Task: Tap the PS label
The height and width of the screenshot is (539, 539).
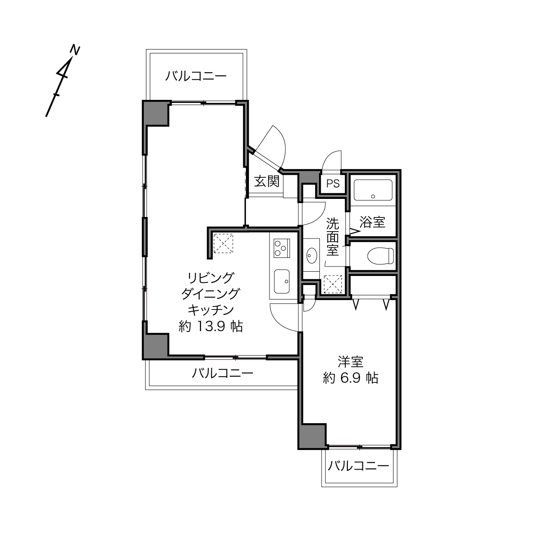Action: pos(333,183)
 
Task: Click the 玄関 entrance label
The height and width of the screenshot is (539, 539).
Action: pos(266,181)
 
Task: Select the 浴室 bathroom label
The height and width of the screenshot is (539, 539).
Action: pos(372,222)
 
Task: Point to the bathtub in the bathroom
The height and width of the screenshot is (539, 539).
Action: pos(373,190)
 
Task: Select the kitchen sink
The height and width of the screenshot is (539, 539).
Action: pos(282,282)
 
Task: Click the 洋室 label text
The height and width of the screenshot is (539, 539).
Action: pos(350,362)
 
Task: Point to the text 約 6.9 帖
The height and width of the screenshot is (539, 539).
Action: pos(350,378)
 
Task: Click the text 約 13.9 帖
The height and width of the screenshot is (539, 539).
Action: pos(211,326)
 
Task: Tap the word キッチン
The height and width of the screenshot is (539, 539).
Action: pos(211,310)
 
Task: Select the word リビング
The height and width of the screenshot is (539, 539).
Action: pos(211,278)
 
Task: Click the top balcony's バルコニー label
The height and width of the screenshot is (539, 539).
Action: pos(196,76)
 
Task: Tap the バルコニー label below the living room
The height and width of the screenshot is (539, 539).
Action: pos(223,373)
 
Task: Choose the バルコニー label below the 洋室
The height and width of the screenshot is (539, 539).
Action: pos(358,466)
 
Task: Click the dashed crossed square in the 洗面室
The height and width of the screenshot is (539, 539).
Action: pos(333,284)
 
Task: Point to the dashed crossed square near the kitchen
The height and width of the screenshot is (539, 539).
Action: pos(223,243)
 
